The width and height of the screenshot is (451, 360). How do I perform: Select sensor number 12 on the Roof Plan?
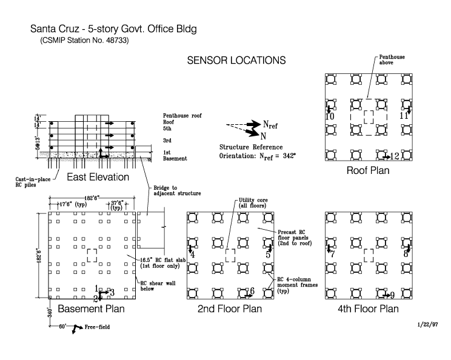(x=395, y=156)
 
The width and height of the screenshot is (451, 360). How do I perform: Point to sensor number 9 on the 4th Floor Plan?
(x=392, y=295)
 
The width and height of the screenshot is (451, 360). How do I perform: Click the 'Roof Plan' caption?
(x=368, y=170)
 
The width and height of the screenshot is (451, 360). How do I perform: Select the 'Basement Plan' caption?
(x=91, y=309)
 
